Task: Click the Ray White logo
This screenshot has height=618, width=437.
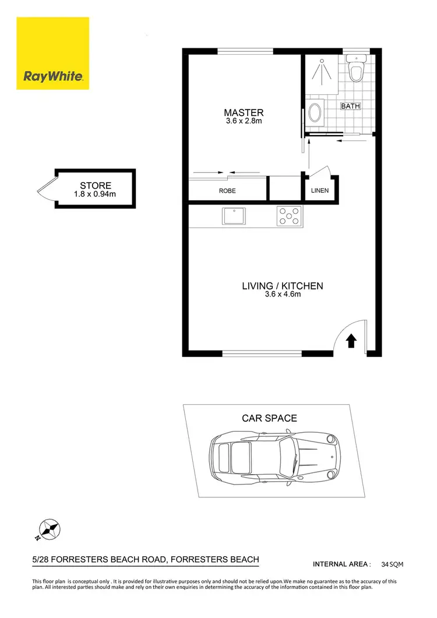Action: (x=53, y=54)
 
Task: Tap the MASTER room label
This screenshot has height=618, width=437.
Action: (x=244, y=112)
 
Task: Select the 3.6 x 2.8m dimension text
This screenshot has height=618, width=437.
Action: (x=244, y=122)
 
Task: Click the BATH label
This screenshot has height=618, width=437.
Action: (x=350, y=106)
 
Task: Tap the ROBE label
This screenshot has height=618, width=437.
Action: (x=227, y=190)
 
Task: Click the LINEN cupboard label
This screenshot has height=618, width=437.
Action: (x=319, y=190)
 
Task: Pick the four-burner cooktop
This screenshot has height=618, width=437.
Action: (x=289, y=217)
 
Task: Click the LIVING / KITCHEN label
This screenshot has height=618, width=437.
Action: (x=282, y=286)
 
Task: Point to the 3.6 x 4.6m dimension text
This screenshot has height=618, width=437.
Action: (x=282, y=295)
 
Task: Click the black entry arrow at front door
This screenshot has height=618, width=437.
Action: (x=351, y=340)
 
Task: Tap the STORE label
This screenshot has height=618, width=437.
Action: (x=96, y=186)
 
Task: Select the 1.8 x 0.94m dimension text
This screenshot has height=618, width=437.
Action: (x=96, y=194)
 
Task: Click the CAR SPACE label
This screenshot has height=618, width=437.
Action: (x=269, y=418)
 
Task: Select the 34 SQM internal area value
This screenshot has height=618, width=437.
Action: (x=392, y=564)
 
